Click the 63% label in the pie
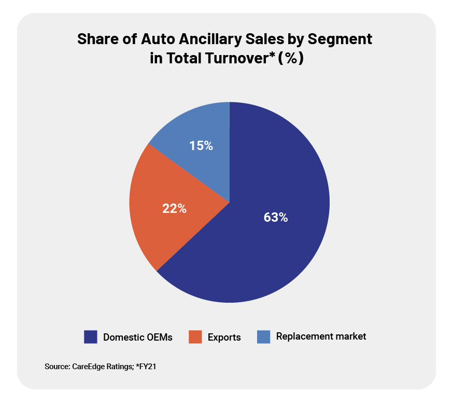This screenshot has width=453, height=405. click(275, 218)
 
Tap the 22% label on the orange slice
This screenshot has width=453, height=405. click(174, 209)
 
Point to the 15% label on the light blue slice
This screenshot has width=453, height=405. click(201, 146)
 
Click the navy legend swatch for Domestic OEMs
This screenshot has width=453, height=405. click(91, 337)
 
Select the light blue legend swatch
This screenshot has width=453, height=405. click(263, 337)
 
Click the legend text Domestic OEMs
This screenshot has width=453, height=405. click(138, 337)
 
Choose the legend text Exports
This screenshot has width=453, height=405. click(224, 337)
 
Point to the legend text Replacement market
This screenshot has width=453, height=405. click(321, 336)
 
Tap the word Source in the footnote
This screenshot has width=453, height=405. click(56, 367)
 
